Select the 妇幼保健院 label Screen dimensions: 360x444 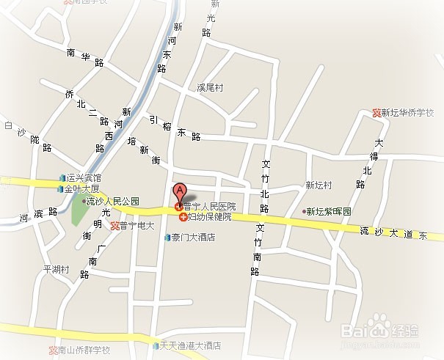point(209,217)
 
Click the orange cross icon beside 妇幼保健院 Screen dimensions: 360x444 point(183,217)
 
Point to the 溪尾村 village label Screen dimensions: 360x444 point(209,87)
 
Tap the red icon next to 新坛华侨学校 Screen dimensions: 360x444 point(377,113)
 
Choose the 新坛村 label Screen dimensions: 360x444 point(319,185)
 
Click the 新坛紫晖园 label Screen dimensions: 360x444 point(329,211)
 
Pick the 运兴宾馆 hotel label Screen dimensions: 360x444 point(84,178)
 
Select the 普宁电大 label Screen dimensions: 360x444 point(137,226)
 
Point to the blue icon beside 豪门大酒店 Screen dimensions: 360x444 point(167,238)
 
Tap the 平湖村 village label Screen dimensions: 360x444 point(56,269)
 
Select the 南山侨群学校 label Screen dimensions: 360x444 point(84,350)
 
